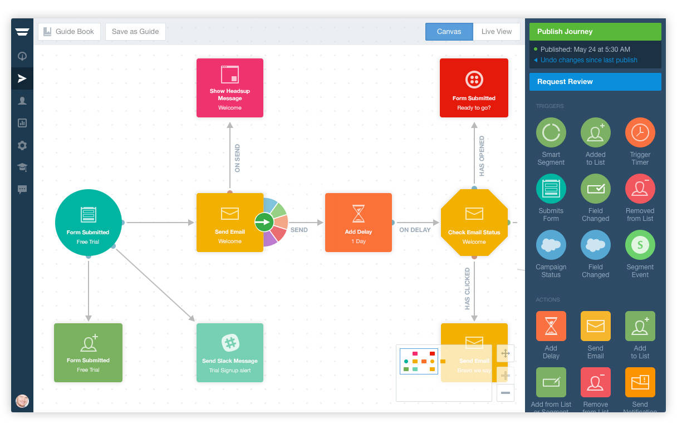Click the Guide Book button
pyautogui.click(x=69, y=32)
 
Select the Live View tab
pyautogui.click(x=496, y=32)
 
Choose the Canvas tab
pyautogui.click(x=449, y=32)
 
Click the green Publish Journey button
pyautogui.click(x=595, y=32)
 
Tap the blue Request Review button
pyautogui.click(x=595, y=82)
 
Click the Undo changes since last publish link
pyautogui.click(x=588, y=60)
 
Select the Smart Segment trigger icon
pyautogui.click(x=551, y=132)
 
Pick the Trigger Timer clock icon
pyautogui.click(x=640, y=132)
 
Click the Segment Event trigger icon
pyautogui.click(x=640, y=245)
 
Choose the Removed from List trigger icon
pyautogui.click(x=640, y=189)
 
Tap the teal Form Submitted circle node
pyautogui.click(x=88, y=223)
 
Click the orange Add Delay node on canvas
pyautogui.click(x=358, y=223)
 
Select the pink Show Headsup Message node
pyautogui.click(x=229, y=88)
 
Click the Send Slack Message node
pyautogui.click(x=229, y=353)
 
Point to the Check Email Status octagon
pyautogui.click(x=474, y=223)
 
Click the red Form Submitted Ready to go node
pyautogui.click(x=474, y=88)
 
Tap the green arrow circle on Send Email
pyautogui.click(x=264, y=223)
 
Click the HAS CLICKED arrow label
pyautogui.click(x=467, y=288)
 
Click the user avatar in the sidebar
pyautogui.click(x=22, y=401)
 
